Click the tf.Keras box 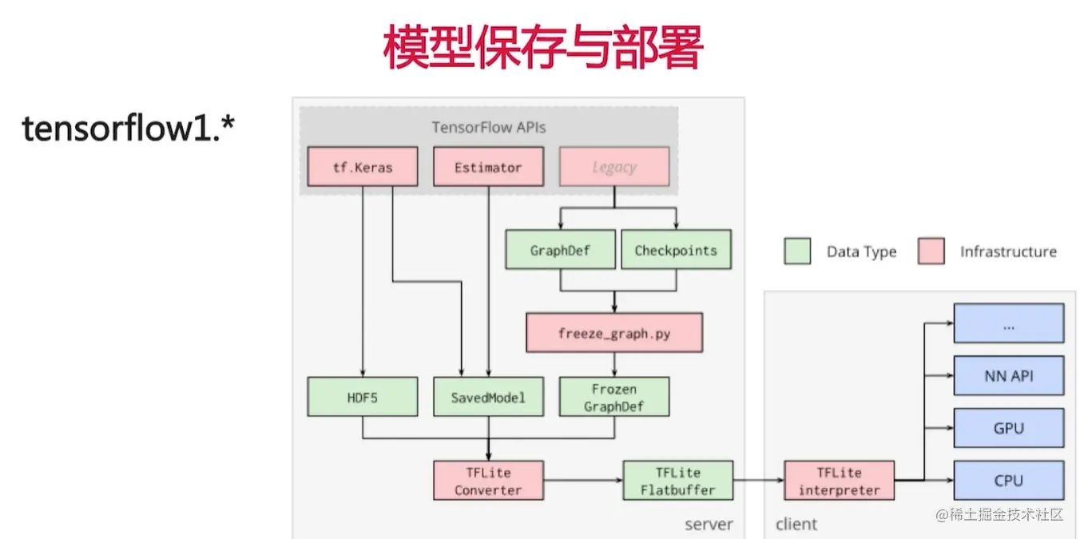point(362,168)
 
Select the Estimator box point(488,168)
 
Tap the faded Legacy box point(614,168)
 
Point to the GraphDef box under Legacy point(560,250)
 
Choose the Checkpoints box point(676,250)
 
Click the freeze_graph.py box point(613,333)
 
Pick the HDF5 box point(362,397)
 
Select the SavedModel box point(489,397)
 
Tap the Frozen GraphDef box point(613,397)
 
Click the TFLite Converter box point(488,481)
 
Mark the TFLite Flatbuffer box point(677,481)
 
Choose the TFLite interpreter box point(839,481)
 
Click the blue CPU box point(1008,481)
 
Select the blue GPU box point(1008,429)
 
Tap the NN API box point(1008,376)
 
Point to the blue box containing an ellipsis point(1008,323)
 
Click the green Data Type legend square point(797,252)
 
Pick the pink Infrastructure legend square point(931,252)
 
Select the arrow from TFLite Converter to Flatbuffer point(583,481)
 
